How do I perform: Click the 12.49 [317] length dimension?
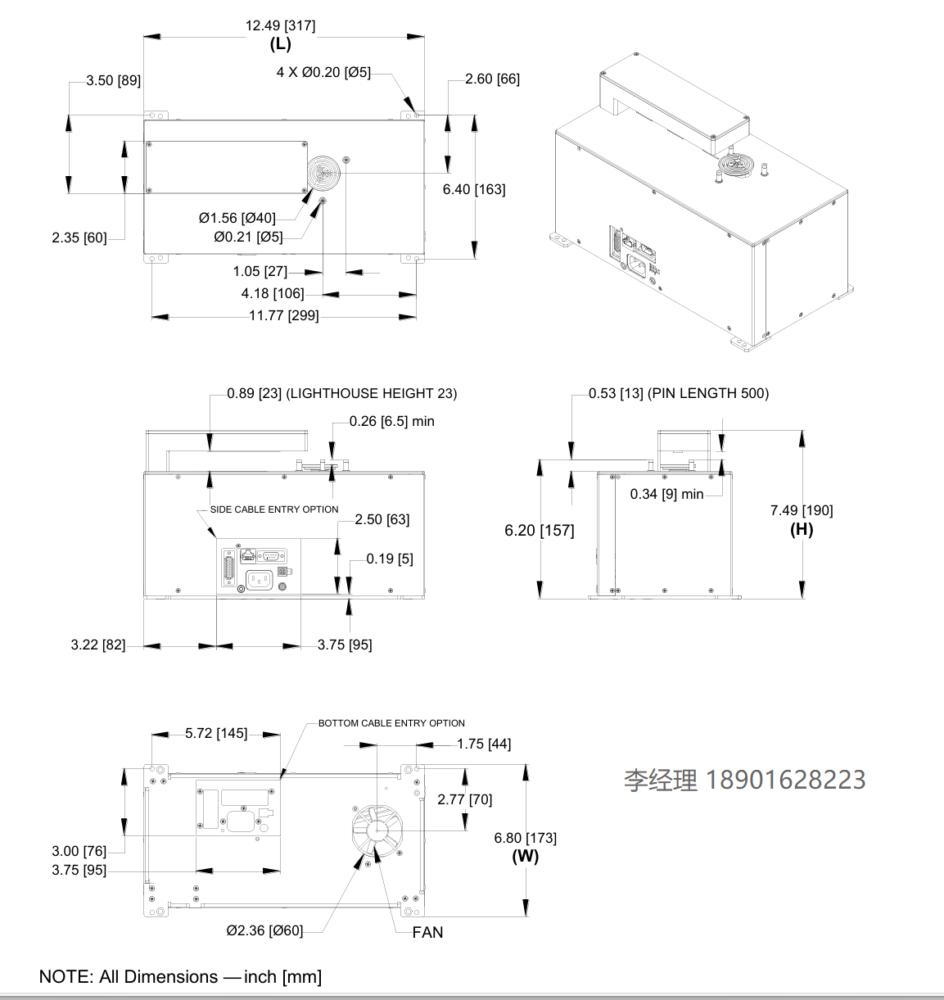280,25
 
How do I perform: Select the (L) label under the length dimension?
280,44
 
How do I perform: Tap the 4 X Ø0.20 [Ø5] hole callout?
323,72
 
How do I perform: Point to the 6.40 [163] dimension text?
474,189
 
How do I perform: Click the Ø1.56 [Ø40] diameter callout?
237,218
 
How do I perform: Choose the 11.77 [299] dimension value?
283,315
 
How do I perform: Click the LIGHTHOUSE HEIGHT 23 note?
371,393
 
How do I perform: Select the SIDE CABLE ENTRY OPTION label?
274,509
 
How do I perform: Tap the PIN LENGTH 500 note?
708,393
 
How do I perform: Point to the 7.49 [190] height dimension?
802,510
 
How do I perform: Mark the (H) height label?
802,529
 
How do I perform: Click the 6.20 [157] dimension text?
540,530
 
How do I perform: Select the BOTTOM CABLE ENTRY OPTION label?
391,723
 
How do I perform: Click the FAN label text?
427,932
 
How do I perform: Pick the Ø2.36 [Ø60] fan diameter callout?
264,930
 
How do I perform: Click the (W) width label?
526,856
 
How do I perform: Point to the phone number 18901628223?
785,780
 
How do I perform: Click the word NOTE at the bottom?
66,977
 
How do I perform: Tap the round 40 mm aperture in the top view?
324,175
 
